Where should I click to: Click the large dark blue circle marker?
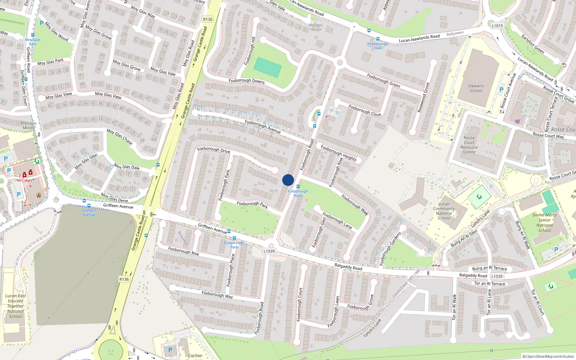coord(288,180)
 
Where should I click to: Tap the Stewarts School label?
coord(476,88)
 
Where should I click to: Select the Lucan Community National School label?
coord(444,211)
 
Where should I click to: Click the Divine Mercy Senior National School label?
coord(544,222)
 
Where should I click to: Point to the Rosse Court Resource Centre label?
coord(469,145)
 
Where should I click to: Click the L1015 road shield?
coord(497,26)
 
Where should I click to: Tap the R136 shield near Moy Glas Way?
coord(208,19)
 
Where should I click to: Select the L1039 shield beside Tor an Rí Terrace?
coord(497,276)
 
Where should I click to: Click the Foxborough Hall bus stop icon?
coord(378,39)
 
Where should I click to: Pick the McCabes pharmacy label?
coord(24,180)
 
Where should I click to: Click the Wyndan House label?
coord(316,27)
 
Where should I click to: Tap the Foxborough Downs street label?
coord(247,81)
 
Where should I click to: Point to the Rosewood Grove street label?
coord(423,97)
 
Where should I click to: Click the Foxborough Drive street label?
coord(213,150)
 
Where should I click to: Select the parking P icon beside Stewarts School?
coord(501,90)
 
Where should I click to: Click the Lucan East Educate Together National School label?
coord(15,306)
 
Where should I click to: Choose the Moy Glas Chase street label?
coord(120,137)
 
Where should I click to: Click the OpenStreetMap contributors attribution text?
coord(549,356)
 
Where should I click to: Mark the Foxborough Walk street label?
coord(355,205)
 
